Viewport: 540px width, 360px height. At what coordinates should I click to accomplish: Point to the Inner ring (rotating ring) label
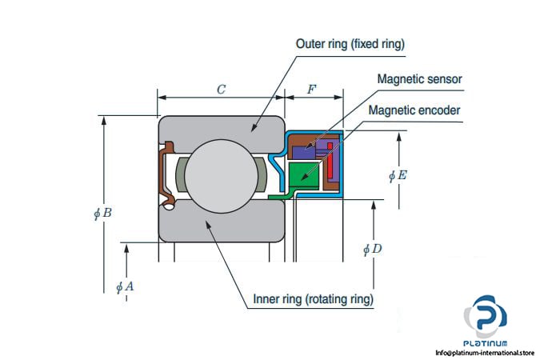[x=314, y=300]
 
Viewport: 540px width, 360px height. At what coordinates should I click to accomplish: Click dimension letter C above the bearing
[x=221, y=90]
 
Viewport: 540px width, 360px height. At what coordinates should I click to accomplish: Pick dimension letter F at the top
[x=312, y=90]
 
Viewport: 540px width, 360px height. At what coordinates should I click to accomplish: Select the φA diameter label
[x=124, y=286]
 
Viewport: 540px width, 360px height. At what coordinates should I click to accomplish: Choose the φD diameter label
[x=373, y=250]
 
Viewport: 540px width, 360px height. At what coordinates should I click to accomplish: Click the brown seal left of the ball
[x=167, y=172]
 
